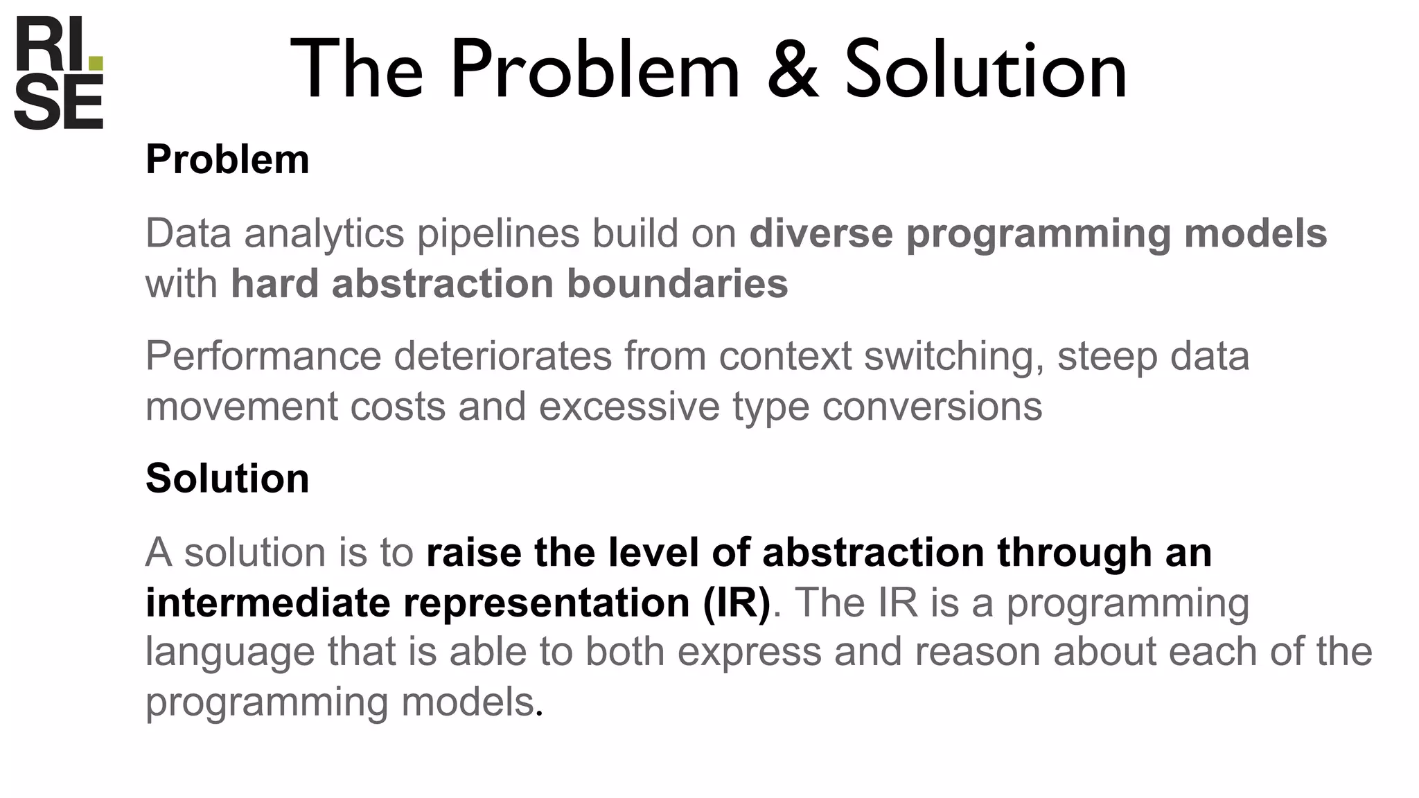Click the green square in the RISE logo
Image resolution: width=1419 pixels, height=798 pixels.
(x=96, y=64)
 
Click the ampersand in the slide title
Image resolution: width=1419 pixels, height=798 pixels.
(x=793, y=69)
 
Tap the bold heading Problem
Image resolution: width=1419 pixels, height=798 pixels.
(x=227, y=159)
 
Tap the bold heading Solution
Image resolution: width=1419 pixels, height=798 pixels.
(x=227, y=478)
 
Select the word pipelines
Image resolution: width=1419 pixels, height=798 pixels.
(x=497, y=233)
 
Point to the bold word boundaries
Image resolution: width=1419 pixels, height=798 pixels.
(x=677, y=284)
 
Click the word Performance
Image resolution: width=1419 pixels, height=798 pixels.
(x=263, y=356)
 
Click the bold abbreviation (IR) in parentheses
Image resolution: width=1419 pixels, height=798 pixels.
(x=736, y=602)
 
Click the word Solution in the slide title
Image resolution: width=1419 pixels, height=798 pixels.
(x=985, y=69)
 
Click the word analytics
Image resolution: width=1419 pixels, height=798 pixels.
(x=324, y=233)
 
